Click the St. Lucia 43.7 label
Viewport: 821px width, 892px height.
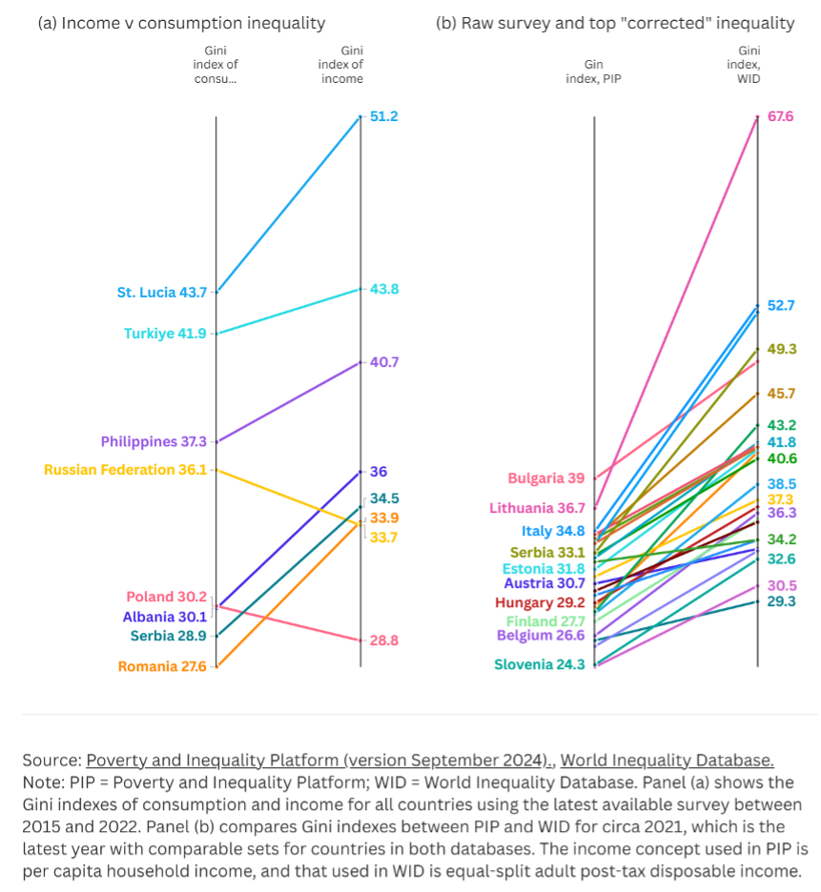click(x=161, y=293)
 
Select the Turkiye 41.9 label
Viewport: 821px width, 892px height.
click(x=165, y=334)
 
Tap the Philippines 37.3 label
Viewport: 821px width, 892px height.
click(x=154, y=442)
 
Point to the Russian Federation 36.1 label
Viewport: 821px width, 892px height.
click(x=125, y=470)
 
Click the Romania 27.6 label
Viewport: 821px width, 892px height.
click(x=162, y=666)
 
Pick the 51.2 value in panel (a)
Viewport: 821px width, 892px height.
click(x=383, y=116)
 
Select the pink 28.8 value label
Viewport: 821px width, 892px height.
click(x=383, y=640)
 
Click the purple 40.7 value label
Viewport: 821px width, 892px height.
click(x=383, y=362)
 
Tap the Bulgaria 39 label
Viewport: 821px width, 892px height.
click(x=546, y=478)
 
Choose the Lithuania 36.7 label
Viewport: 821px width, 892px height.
click(x=537, y=508)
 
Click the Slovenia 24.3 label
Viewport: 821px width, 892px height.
click(x=539, y=664)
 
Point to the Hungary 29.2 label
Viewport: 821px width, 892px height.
click(x=540, y=602)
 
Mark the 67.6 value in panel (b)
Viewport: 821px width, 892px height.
click(x=781, y=116)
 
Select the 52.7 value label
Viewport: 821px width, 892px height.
click(x=781, y=306)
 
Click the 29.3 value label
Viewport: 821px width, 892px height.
click(x=781, y=601)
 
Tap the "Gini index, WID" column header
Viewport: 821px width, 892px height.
click(x=749, y=65)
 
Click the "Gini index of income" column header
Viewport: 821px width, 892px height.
click(x=340, y=65)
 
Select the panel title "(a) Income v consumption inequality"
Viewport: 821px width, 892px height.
click(x=181, y=23)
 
